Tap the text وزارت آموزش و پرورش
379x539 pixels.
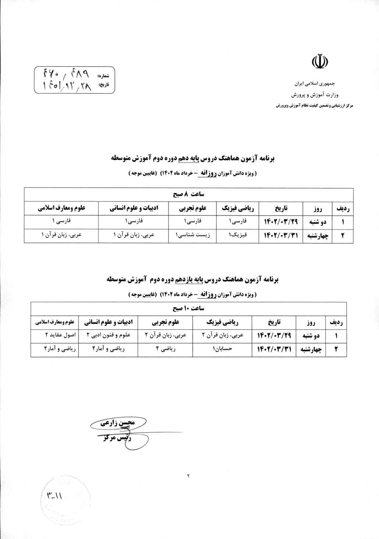[x=315, y=95]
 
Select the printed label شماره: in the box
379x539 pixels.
[x=104, y=76]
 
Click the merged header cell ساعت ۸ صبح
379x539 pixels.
[x=189, y=194]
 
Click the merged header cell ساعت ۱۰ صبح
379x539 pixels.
[x=189, y=308]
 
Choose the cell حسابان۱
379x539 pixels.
[x=222, y=349]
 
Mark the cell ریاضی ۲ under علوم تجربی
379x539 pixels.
[x=165, y=349]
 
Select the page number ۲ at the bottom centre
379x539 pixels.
[x=189, y=476]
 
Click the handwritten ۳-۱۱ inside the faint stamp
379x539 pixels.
[x=56, y=496]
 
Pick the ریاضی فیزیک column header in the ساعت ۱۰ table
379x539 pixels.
[x=222, y=322]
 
